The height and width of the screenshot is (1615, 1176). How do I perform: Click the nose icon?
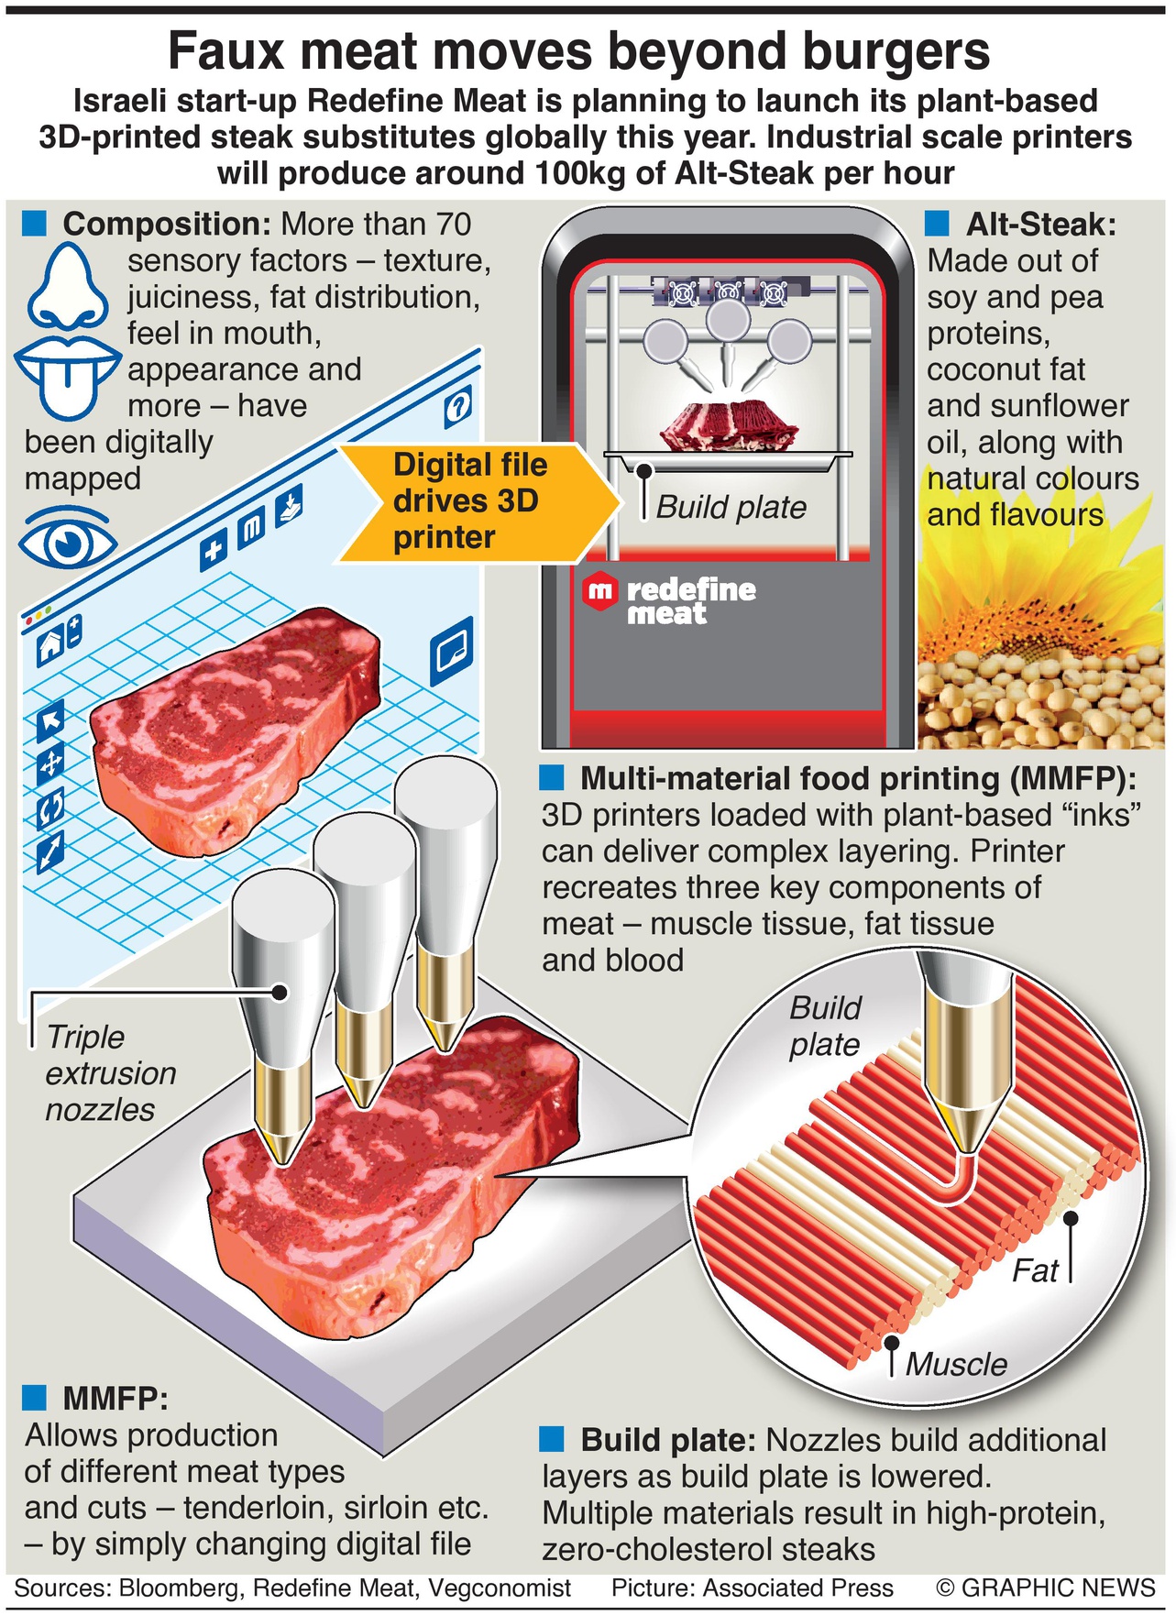(x=64, y=287)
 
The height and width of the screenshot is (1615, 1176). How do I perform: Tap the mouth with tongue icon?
(x=66, y=370)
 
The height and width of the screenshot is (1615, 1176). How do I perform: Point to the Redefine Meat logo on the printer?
(x=669, y=599)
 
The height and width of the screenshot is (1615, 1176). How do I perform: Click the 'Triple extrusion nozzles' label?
(x=110, y=1072)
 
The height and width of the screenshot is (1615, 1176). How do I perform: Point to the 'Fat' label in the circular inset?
(x=1035, y=1271)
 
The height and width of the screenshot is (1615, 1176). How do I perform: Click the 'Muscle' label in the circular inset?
(x=956, y=1364)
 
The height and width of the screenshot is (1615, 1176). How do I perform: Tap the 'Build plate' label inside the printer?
(x=731, y=507)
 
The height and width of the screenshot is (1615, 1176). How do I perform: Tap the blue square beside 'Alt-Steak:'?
(x=937, y=223)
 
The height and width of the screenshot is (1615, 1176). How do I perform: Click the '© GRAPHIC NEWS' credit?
(x=1045, y=1588)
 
